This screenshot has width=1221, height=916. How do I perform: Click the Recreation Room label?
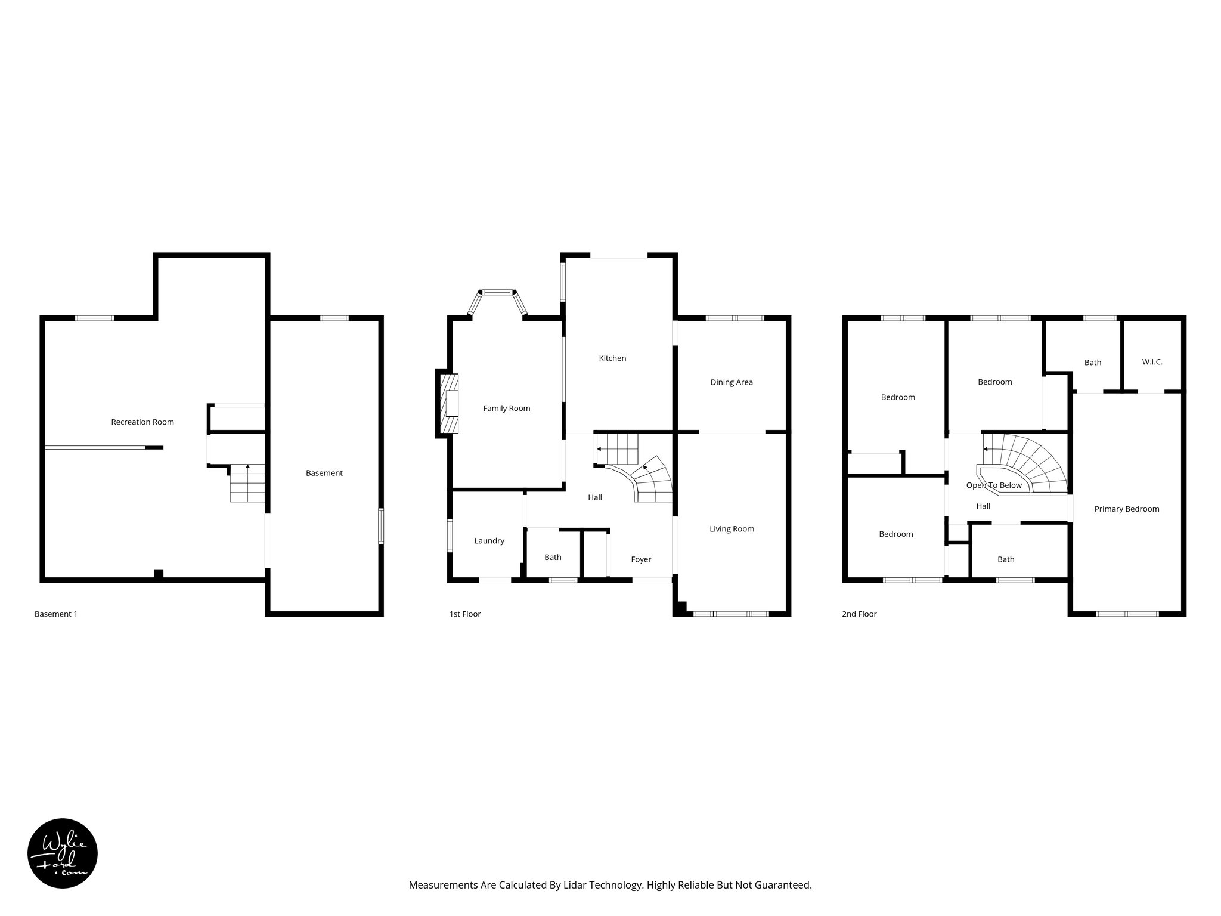142,422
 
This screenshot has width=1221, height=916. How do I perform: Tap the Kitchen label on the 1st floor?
612,358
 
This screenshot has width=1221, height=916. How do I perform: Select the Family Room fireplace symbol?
448,403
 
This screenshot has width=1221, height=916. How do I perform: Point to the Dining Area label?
732,382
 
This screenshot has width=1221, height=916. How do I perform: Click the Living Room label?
732,529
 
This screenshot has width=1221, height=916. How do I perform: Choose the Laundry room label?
489,541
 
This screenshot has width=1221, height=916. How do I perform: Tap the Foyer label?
641,559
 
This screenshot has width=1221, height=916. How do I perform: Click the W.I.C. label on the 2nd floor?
1152,362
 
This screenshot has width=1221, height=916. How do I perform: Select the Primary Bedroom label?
1126,509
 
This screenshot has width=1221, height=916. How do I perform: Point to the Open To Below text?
994,485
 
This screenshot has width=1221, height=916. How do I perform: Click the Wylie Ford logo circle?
63,853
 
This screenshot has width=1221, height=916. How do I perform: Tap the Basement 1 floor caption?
56,614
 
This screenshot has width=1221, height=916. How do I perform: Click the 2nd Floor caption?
859,614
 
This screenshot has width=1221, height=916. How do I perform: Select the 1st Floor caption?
464,614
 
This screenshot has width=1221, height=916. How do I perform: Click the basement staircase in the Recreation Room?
247,483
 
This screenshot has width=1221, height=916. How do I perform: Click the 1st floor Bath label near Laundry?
553,558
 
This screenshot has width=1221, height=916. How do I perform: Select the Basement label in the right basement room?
324,474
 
